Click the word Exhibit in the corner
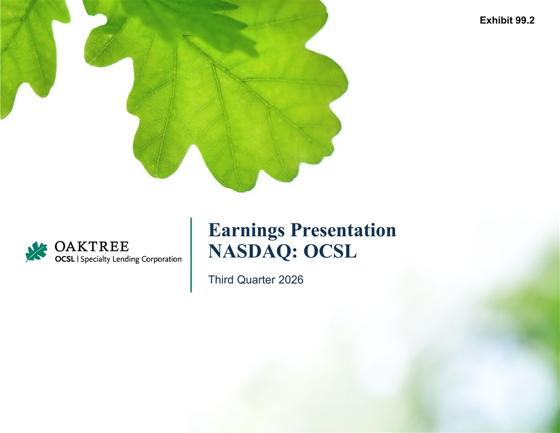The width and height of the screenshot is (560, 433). tap(496, 20)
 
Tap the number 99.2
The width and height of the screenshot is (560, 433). tap(525, 20)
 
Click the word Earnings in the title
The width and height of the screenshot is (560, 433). tap(247, 231)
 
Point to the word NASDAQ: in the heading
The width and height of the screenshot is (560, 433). tap(253, 251)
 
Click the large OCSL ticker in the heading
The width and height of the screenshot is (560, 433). tap(330, 251)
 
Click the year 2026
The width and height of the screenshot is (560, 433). tap(291, 279)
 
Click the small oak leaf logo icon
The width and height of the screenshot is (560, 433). tap(36, 252)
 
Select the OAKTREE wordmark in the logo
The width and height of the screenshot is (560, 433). tap(91, 247)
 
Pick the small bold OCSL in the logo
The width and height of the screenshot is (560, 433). tap(65, 259)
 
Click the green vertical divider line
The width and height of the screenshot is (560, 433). tap(191, 255)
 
